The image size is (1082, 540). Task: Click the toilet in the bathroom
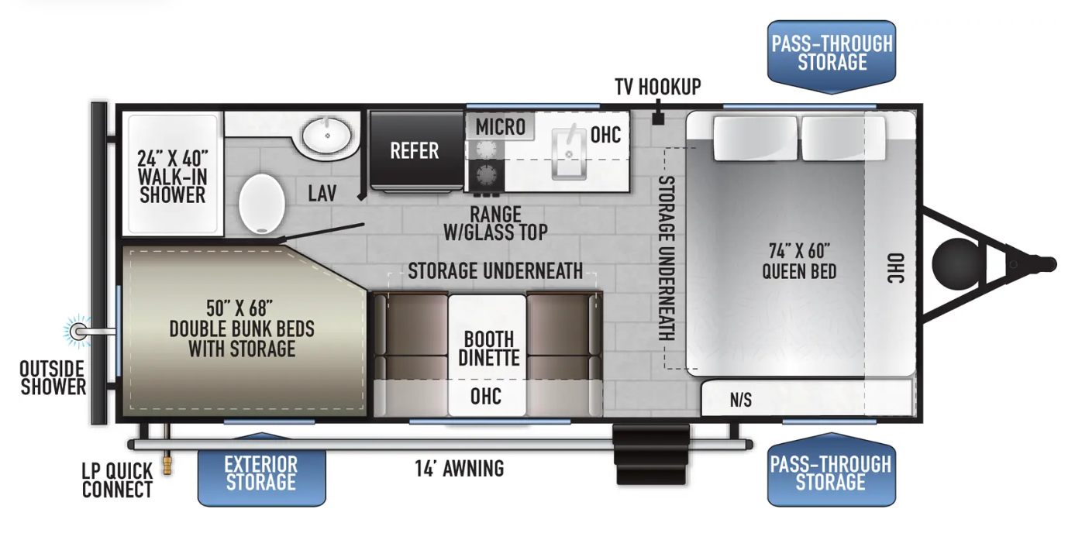point(262,204)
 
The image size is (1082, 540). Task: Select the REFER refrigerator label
point(415,151)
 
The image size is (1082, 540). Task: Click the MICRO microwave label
point(500,127)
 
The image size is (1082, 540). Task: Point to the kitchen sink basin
point(569,153)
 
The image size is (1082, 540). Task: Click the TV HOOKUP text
point(657,87)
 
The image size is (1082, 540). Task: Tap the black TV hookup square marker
point(658,119)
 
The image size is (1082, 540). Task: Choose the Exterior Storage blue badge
point(262,472)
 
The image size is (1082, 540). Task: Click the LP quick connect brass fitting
point(167,466)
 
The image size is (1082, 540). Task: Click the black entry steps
point(650,454)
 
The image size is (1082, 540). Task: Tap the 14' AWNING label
point(460,469)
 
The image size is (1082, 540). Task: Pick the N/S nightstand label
point(740,400)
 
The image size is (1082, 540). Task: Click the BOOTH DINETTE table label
point(489,349)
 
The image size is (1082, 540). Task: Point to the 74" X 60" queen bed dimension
point(799,251)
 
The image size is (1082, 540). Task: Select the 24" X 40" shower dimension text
point(172,158)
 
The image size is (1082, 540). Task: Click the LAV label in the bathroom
point(322,193)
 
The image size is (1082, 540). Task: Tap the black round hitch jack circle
point(957,263)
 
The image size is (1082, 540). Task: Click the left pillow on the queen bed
point(755,138)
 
